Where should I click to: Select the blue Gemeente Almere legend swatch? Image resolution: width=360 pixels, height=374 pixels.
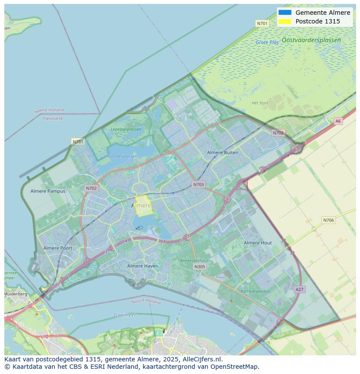tap(285, 13)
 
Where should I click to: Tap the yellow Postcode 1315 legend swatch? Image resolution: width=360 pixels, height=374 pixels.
tap(285, 21)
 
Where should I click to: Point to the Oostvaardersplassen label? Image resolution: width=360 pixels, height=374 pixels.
tap(311, 40)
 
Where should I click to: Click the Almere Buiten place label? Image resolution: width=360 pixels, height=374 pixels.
tap(223, 152)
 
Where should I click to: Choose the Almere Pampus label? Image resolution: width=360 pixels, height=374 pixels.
tap(48, 191)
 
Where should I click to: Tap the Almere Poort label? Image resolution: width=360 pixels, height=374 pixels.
tap(58, 248)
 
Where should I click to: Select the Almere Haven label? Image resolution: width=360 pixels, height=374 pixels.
tap(143, 266)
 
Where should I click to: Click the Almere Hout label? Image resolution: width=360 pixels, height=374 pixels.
tap(258, 243)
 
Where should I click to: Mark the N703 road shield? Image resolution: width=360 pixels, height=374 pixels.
tap(198, 185)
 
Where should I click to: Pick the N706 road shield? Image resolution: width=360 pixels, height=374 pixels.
tap(329, 220)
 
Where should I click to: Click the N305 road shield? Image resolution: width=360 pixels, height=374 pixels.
tap(200, 267)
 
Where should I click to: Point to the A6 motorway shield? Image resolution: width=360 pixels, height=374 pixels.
tap(338, 121)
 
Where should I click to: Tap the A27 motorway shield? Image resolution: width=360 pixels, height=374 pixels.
tap(299, 289)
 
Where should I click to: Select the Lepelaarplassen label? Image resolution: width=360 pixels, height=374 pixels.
tap(126, 129)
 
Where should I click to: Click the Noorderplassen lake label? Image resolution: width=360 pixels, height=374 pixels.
tap(122, 156)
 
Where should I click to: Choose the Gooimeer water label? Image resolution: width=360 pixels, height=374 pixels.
tap(125, 315)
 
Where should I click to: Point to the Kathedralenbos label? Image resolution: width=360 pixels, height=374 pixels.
tap(256, 291)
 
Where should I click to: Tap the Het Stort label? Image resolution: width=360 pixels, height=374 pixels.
tap(260, 103)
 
